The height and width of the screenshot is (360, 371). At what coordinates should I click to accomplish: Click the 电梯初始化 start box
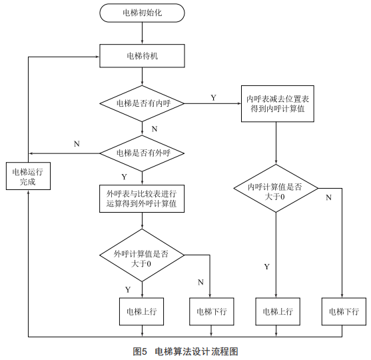(x=142, y=13)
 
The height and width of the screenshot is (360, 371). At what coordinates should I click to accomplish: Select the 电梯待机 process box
(x=142, y=56)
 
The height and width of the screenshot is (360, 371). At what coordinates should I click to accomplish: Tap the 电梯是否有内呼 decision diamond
(x=142, y=103)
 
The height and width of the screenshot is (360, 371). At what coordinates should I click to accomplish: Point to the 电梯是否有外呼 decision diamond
(x=142, y=153)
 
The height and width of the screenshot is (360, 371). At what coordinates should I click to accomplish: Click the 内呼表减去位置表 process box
(x=278, y=104)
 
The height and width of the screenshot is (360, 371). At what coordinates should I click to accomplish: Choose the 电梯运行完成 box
(x=28, y=176)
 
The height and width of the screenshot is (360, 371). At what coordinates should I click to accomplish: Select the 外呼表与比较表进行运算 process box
(x=142, y=199)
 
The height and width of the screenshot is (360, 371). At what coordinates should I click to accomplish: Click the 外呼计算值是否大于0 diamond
(x=142, y=255)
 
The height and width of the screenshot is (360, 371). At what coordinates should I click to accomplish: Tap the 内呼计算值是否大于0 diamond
(x=276, y=188)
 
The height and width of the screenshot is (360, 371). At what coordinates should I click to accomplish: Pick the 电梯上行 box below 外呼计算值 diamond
(x=141, y=311)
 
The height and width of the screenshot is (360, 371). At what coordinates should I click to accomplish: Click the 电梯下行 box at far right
(x=344, y=311)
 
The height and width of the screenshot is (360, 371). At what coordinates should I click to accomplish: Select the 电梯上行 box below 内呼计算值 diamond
(x=278, y=311)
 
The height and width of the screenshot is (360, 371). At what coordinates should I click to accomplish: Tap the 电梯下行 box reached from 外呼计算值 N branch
(x=212, y=311)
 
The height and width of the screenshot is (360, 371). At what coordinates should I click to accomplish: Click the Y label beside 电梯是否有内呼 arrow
(x=213, y=97)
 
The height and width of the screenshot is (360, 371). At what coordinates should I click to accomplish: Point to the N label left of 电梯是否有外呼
(x=77, y=144)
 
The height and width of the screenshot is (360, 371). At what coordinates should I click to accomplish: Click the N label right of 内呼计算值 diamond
(x=328, y=197)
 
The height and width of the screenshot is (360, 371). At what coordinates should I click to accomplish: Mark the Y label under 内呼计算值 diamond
(x=267, y=267)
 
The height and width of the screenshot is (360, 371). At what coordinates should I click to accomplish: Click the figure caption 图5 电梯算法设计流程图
(x=185, y=351)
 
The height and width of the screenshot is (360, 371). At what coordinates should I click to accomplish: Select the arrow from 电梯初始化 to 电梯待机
(x=142, y=33)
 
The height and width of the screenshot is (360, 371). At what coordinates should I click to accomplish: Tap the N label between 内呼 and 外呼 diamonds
(x=155, y=129)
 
